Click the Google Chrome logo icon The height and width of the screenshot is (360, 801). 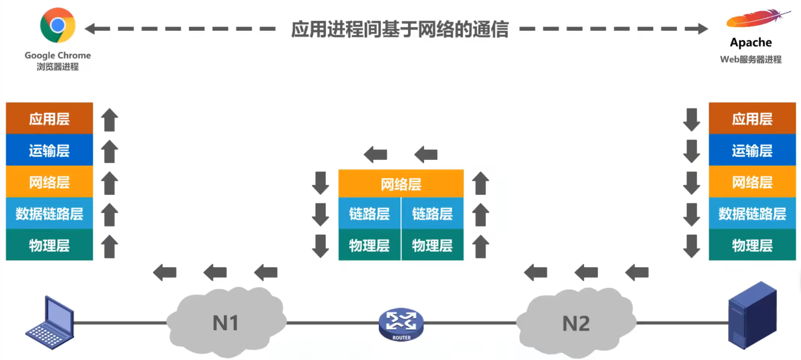point(58,25)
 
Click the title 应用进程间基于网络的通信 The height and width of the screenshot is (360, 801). point(399,29)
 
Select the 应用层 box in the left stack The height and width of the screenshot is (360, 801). point(49,118)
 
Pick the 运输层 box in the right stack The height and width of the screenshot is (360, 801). point(752,151)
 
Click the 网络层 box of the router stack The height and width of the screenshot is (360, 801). point(401,184)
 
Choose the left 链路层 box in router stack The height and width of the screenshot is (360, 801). point(369,214)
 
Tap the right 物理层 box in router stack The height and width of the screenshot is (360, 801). point(432,245)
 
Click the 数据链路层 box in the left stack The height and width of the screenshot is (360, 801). point(49,214)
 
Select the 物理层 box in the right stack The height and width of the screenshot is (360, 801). point(752,245)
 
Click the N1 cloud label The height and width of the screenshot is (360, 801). point(226,323)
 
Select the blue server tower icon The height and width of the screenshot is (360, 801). point(752,315)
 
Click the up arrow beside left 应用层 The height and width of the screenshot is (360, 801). point(110,120)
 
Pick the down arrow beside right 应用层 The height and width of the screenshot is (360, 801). point(691,120)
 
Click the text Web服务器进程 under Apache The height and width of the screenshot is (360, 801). point(750,60)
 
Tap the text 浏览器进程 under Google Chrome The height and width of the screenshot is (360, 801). point(58,67)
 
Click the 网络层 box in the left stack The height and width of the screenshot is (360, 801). point(49,182)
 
